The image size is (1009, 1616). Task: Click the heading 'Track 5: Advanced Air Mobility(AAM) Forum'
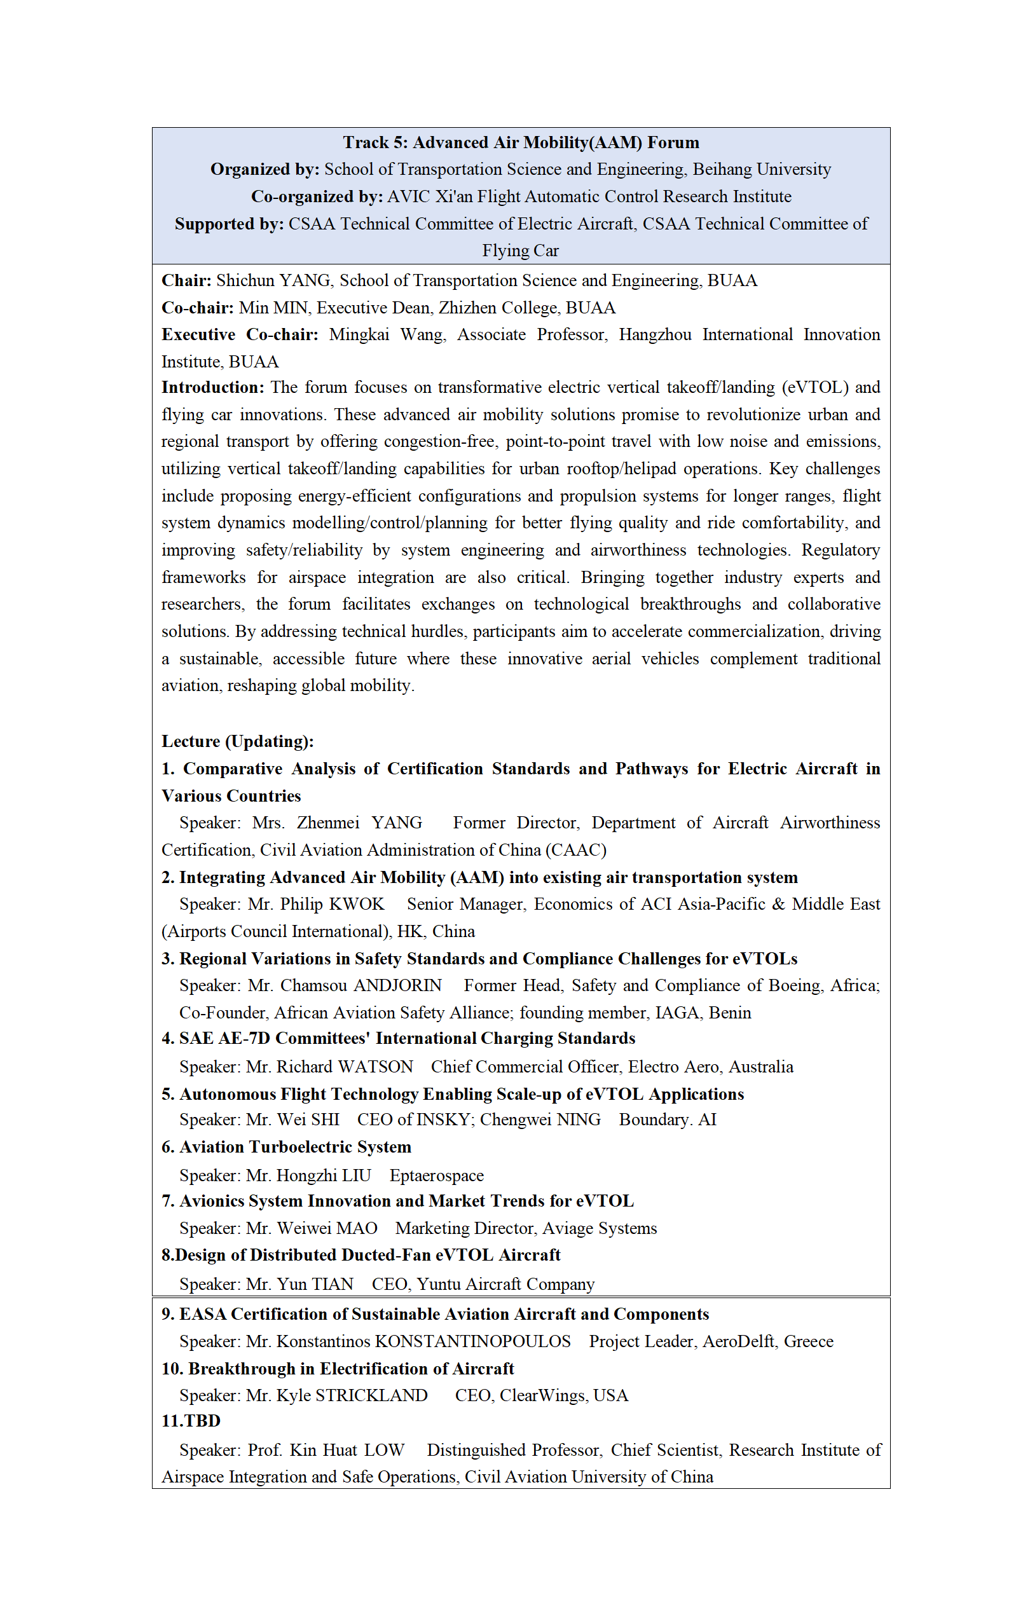click(521, 142)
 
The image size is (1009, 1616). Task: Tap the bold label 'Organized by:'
click(265, 170)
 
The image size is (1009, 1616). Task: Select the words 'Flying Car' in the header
click(521, 251)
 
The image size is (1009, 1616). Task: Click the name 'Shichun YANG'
click(273, 280)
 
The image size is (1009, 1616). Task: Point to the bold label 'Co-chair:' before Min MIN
click(198, 308)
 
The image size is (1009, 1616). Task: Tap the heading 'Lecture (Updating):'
click(238, 741)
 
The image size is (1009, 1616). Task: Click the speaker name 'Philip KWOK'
click(332, 904)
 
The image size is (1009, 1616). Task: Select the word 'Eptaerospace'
click(436, 1175)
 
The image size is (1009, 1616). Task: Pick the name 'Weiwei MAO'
click(327, 1228)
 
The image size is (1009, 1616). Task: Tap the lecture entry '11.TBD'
click(191, 1421)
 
